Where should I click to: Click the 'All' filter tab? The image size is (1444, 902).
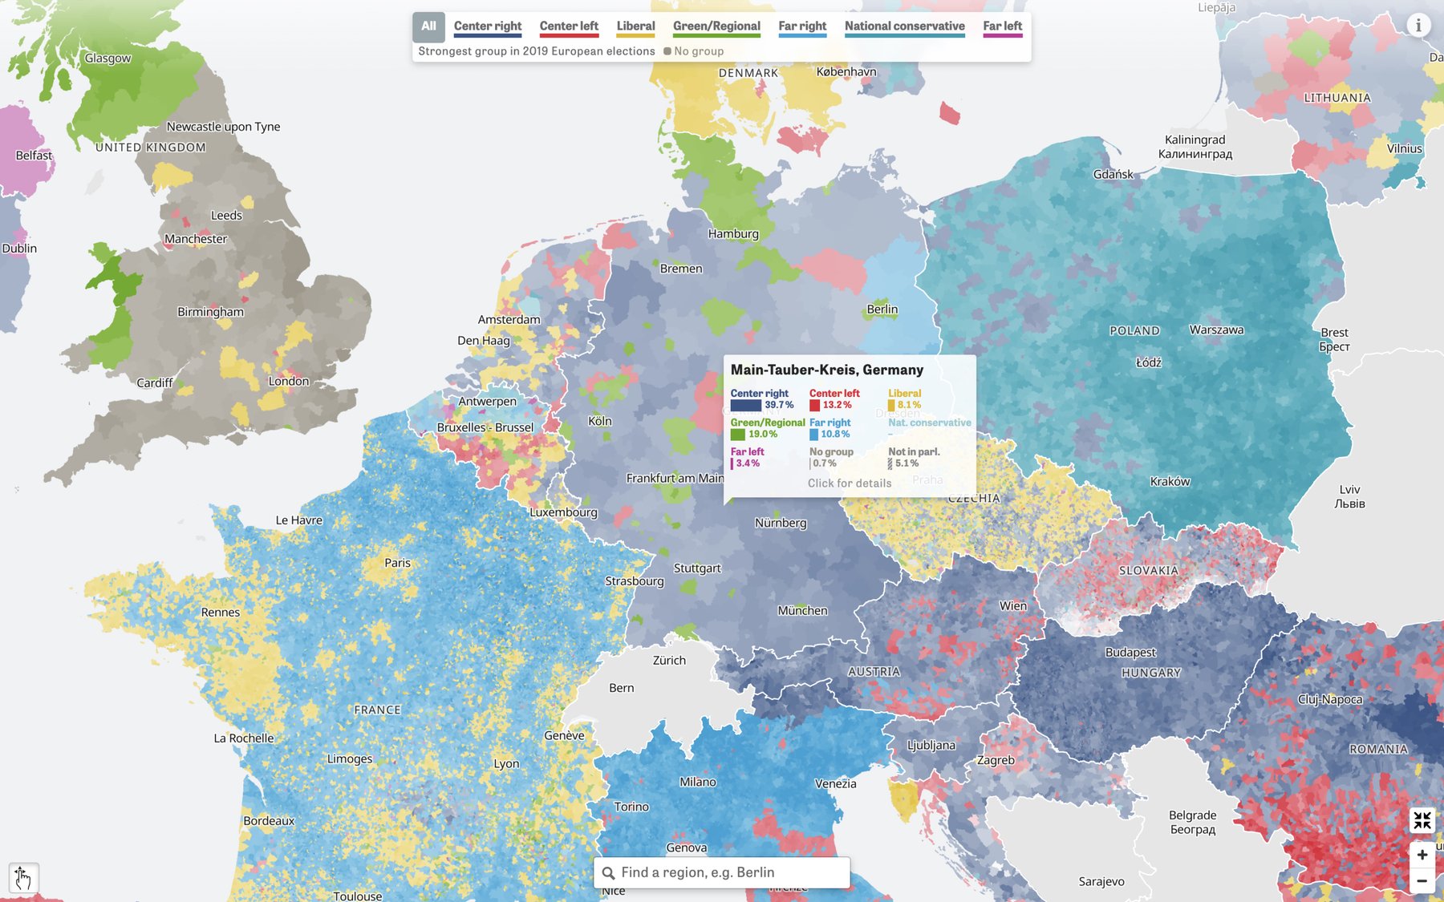(x=428, y=26)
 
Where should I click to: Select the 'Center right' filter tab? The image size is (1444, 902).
(x=487, y=26)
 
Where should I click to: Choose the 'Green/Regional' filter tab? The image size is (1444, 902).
(x=716, y=26)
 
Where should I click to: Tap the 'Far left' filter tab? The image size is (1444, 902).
(x=1002, y=26)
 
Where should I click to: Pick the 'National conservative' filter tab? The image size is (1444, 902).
(x=904, y=26)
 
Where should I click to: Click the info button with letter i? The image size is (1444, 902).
(x=1418, y=25)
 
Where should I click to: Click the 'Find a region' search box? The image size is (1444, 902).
(x=722, y=872)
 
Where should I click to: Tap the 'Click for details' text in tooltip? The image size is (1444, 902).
(x=850, y=483)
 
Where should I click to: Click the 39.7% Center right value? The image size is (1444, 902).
(x=778, y=405)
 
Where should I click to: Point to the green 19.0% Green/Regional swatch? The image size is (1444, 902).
(x=737, y=435)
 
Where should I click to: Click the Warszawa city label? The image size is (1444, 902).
(x=1216, y=330)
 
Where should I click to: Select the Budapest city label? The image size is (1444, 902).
(x=1130, y=652)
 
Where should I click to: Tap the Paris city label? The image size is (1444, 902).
(x=397, y=563)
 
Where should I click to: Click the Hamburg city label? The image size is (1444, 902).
(x=732, y=233)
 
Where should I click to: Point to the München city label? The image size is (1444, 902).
(x=802, y=610)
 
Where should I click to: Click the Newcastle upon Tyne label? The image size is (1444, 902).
(x=223, y=127)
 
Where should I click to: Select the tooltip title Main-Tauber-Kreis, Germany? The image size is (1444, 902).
(x=826, y=370)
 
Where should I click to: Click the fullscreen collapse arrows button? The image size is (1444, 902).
(x=1422, y=820)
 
